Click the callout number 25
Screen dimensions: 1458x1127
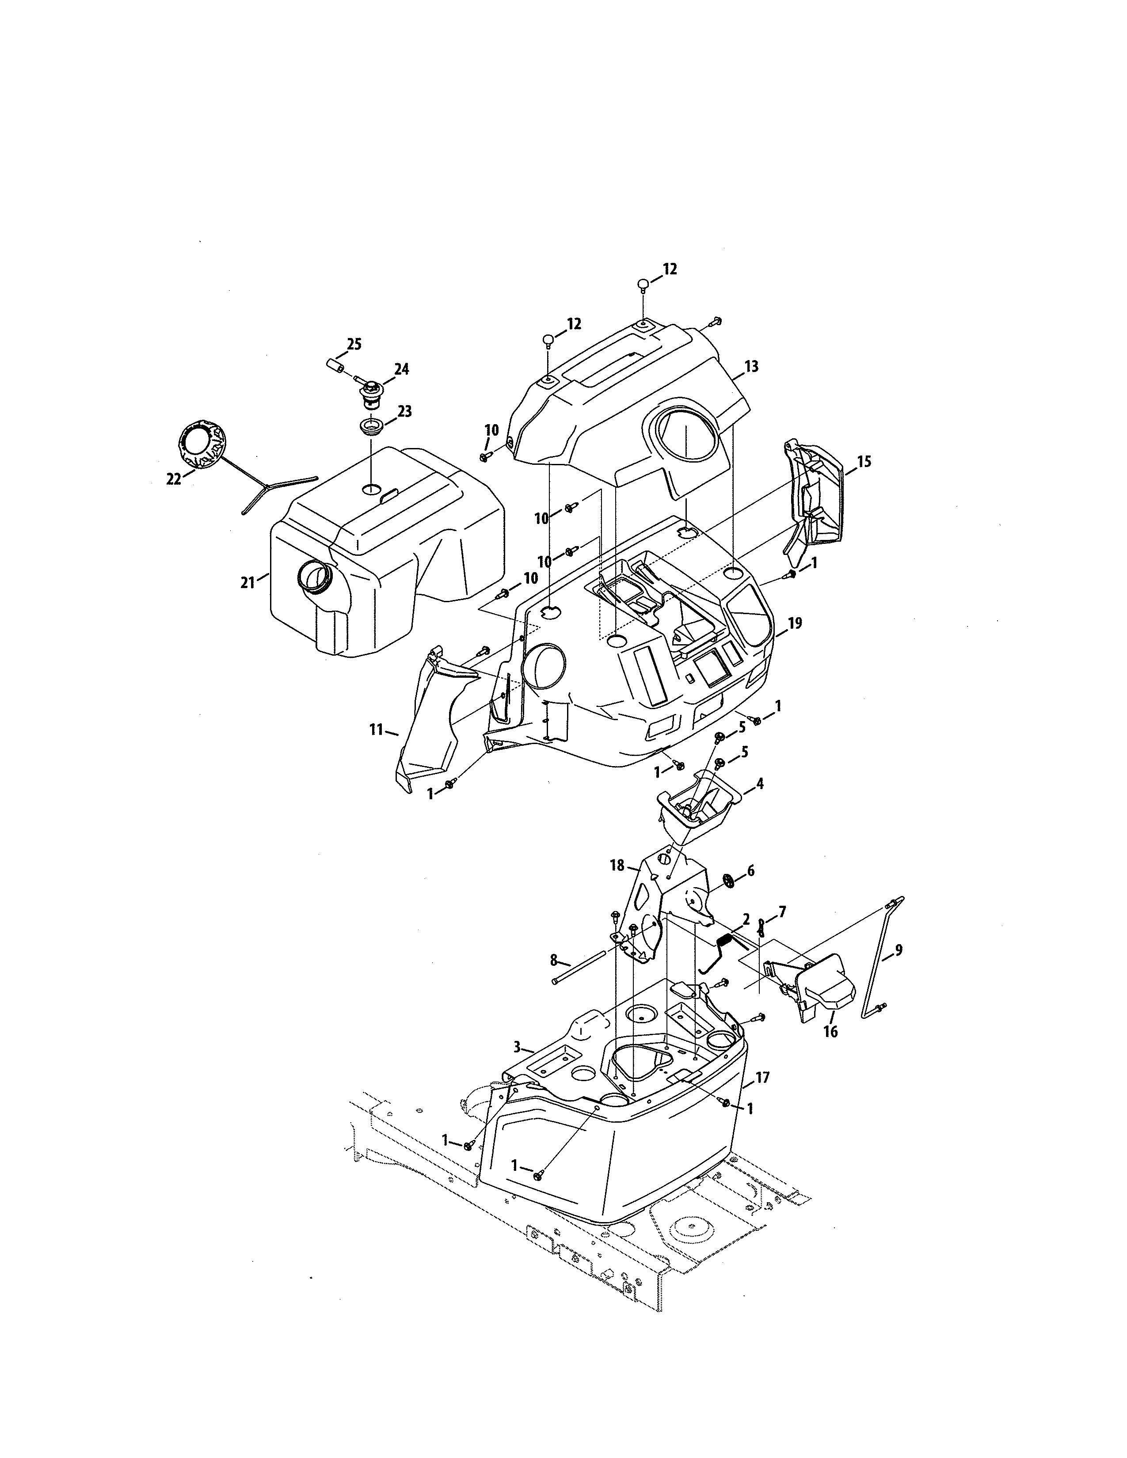click(x=354, y=345)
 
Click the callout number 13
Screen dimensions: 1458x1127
click(x=751, y=367)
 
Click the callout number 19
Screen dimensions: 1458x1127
click(x=795, y=623)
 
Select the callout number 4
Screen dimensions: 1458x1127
click(x=759, y=783)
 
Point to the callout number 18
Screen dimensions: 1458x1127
click(x=617, y=866)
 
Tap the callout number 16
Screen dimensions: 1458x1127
click(x=830, y=1031)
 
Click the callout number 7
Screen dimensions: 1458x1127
click(x=782, y=911)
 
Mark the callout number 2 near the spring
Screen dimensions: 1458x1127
click(x=746, y=918)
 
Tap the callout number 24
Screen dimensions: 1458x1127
click(x=402, y=369)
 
